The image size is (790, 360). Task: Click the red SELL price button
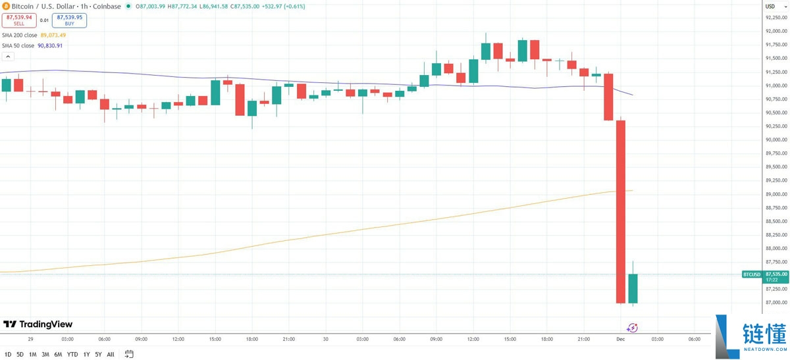click(x=19, y=20)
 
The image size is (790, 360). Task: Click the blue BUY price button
click(x=70, y=20)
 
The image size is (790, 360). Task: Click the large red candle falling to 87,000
click(x=620, y=211)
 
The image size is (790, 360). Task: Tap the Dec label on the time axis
click(x=620, y=339)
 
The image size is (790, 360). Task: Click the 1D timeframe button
click(x=8, y=354)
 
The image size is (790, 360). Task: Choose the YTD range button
click(x=72, y=354)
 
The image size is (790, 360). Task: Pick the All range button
click(x=111, y=354)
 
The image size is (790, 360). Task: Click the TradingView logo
click(x=38, y=324)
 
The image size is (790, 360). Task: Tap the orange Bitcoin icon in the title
click(x=6, y=7)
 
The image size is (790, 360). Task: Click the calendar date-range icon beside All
click(x=129, y=354)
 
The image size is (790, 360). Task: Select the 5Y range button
click(x=97, y=354)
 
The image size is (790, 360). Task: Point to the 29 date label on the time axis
click(x=31, y=339)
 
